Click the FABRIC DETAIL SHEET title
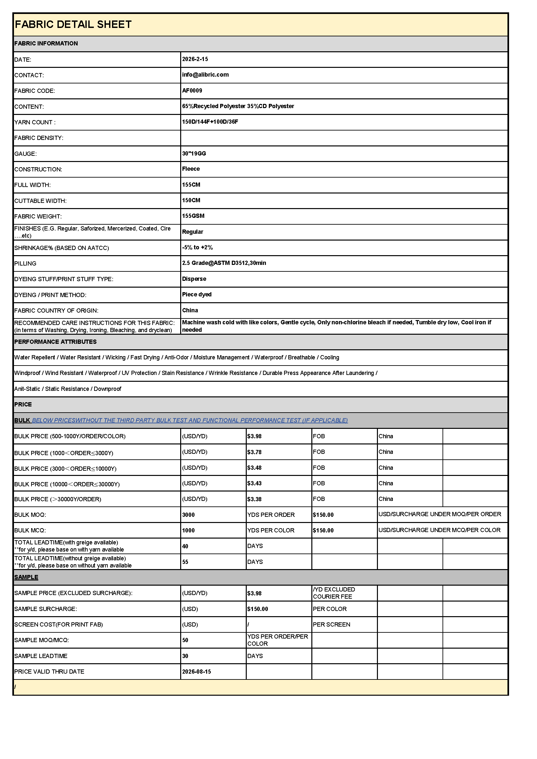[x=73, y=24]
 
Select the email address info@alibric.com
[x=205, y=75]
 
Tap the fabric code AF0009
[x=192, y=91]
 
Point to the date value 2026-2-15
[x=195, y=59]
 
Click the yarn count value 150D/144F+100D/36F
[x=210, y=122]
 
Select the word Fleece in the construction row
[x=191, y=169]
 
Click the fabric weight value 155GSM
[x=194, y=216]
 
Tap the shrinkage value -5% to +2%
[x=197, y=247]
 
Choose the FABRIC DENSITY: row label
[x=39, y=138]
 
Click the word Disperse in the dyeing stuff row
[x=194, y=279]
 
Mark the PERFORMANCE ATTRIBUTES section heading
[x=55, y=342]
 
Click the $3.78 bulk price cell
[x=254, y=452]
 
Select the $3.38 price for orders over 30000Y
[x=254, y=499]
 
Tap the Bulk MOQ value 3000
[x=189, y=515]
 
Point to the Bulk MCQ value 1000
[x=189, y=530]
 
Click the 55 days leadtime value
[x=185, y=562]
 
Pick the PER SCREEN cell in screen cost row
[x=332, y=625]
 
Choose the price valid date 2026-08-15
[x=196, y=671]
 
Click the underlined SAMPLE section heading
[x=26, y=577]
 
